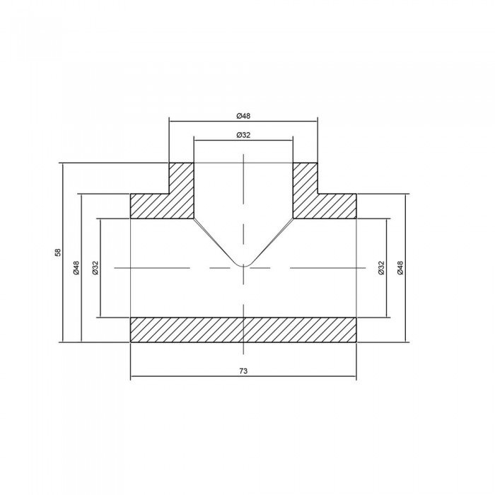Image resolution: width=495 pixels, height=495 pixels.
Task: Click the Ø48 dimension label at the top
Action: pos(243,115)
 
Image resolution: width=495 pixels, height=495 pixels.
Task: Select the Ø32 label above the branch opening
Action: pos(243,134)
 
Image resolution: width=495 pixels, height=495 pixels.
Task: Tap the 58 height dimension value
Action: pos(58,252)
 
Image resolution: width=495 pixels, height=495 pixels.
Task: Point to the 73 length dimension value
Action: pos(243,371)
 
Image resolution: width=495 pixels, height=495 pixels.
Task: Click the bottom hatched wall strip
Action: pos(243,330)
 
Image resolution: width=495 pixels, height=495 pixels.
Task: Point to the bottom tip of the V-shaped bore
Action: pos(243,265)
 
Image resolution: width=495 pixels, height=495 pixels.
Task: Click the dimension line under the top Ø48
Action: pos(212,122)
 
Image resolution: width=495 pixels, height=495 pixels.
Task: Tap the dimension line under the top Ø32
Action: pos(219,141)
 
